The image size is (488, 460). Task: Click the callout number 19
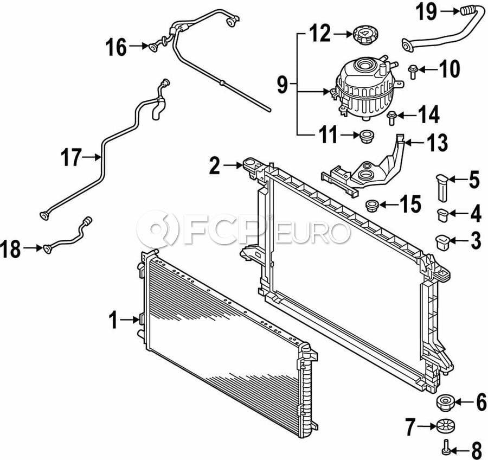point(427,12)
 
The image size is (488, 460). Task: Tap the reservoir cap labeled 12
point(363,35)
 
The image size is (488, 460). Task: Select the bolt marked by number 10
point(413,71)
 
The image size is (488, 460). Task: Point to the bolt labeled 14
point(391,118)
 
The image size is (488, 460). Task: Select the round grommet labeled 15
point(372,206)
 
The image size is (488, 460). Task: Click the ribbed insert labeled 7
point(445,426)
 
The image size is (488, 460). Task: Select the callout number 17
point(71,157)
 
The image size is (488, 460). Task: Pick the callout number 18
point(10,249)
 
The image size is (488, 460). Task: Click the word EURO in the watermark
point(311,232)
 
